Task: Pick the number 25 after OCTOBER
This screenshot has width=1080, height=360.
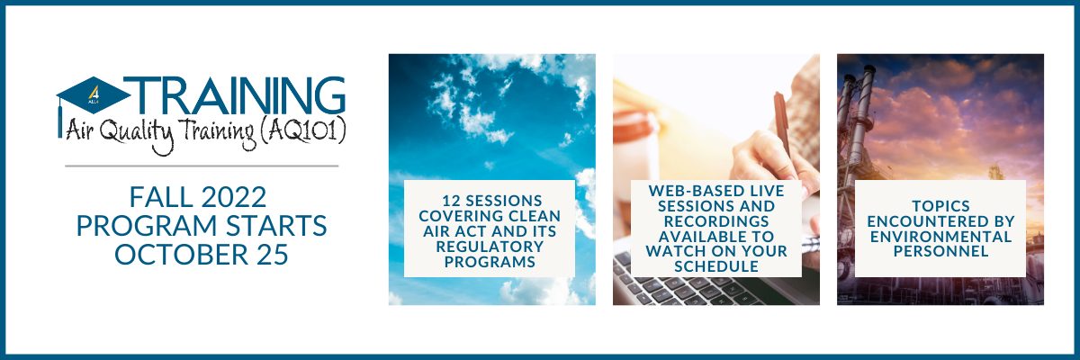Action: pos(273,255)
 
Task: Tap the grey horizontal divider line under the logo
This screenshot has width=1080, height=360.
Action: pos(202,166)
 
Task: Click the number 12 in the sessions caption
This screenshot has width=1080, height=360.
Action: pos(450,200)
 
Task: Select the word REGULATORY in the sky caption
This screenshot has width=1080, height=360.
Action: pos(490,247)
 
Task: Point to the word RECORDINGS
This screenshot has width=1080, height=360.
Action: pos(716,221)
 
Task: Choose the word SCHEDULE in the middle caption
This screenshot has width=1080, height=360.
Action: pos(716,266)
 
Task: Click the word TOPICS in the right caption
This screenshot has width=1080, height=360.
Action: pos(940,206)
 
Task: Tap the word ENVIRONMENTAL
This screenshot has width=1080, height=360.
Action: pos(940,237)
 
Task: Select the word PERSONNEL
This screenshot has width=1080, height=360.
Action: pos(940,252)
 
